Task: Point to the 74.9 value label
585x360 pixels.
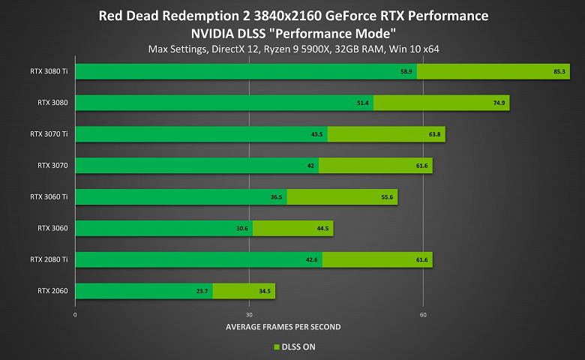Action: (499, 103)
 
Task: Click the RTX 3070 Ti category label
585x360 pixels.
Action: (49, 134)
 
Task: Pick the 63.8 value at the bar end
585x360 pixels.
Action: (435, 134)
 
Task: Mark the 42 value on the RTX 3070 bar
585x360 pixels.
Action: (310, 166)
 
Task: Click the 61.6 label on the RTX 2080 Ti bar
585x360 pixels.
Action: (421, 259)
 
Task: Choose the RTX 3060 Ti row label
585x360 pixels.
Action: (49, 196)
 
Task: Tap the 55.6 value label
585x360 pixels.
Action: (387, 197)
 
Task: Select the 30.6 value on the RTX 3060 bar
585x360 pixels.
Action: (242, 228)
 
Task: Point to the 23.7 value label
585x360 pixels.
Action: (202, 291)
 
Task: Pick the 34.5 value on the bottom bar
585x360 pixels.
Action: (265, 291)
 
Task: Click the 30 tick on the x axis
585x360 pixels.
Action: (249, 314)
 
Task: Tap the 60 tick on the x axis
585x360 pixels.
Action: (423, 314)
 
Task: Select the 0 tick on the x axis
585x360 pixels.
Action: (75, 314)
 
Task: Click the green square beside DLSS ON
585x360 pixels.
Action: (276, 346)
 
